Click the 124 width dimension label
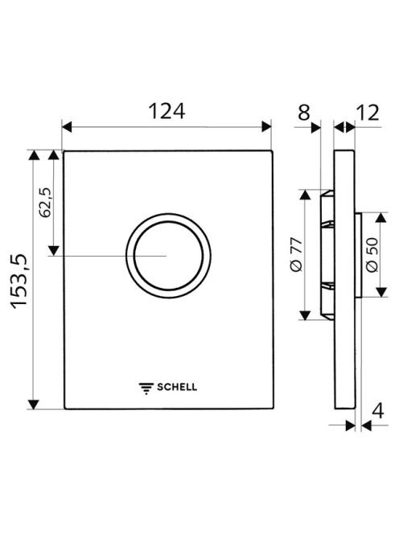tap(167, 111)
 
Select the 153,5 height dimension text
tap(20, 281)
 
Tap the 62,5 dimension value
tap(45, 203)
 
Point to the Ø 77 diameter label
tap(297, 254)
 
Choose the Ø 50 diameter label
tap(372, 255)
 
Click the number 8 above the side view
tap(304, 113)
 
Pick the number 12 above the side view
tap(368, 113)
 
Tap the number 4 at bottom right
tap(378, 411)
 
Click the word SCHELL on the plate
tap(177, 387)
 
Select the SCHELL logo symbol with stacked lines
tap(146, 388)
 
